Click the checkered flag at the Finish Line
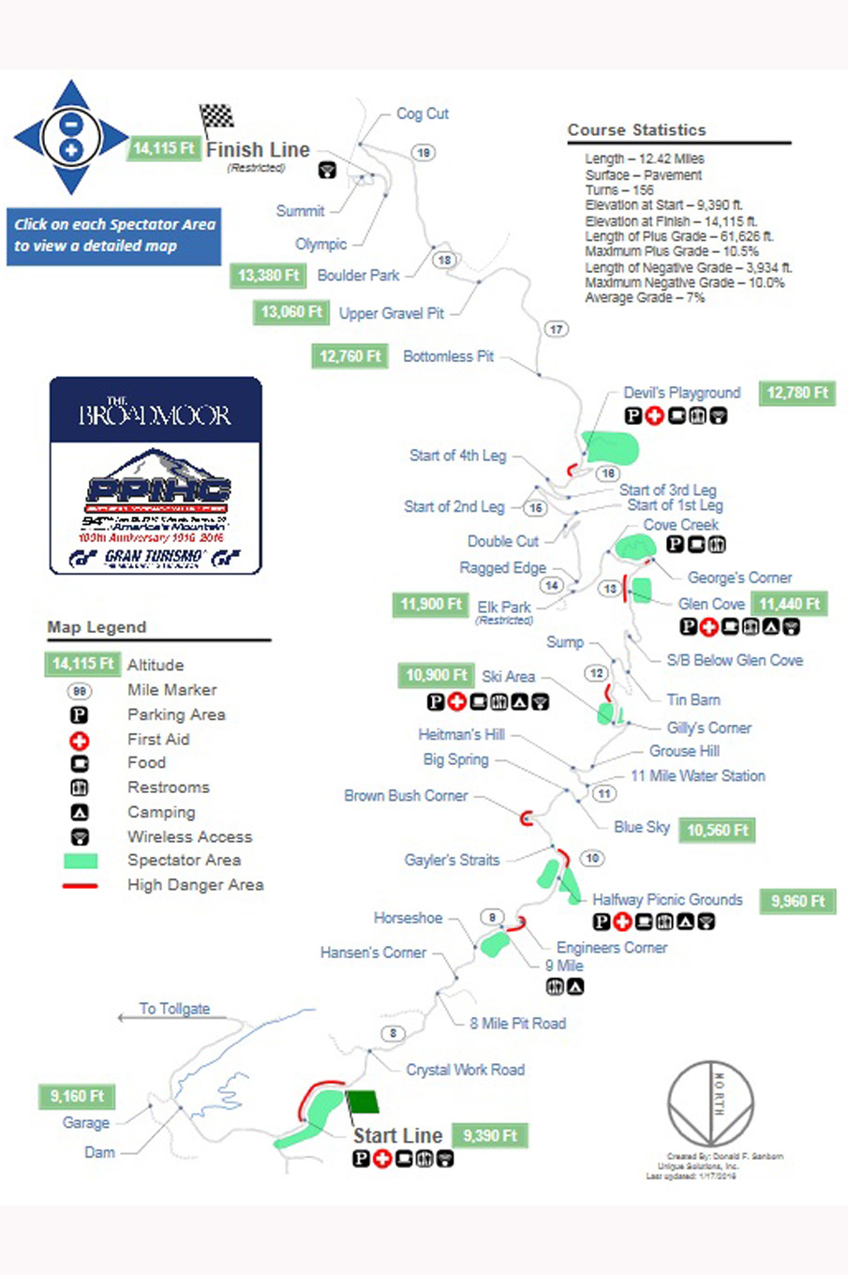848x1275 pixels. (217, 116)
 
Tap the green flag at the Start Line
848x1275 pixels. (363, 1101)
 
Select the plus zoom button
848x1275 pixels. (71, 150)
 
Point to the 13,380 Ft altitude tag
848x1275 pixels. (268, 275)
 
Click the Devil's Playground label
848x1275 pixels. (681, 393)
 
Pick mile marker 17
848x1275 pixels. (557, 329)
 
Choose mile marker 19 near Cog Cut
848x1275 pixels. (424, 153)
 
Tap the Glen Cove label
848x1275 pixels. (711, 604)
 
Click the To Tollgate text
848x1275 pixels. (174, 1009)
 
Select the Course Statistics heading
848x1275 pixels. (636, 130)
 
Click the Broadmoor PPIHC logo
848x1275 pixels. (156, 475)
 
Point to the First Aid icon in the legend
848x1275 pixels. (81, 740)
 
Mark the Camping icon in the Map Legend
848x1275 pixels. (81, 813)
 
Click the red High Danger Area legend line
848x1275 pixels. (81, 885)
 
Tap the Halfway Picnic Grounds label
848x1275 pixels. (667, 900)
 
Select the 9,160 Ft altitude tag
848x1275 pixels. (77, 1096)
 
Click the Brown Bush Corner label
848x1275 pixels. (406, 796)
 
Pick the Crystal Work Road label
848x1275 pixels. (465, 1070)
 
